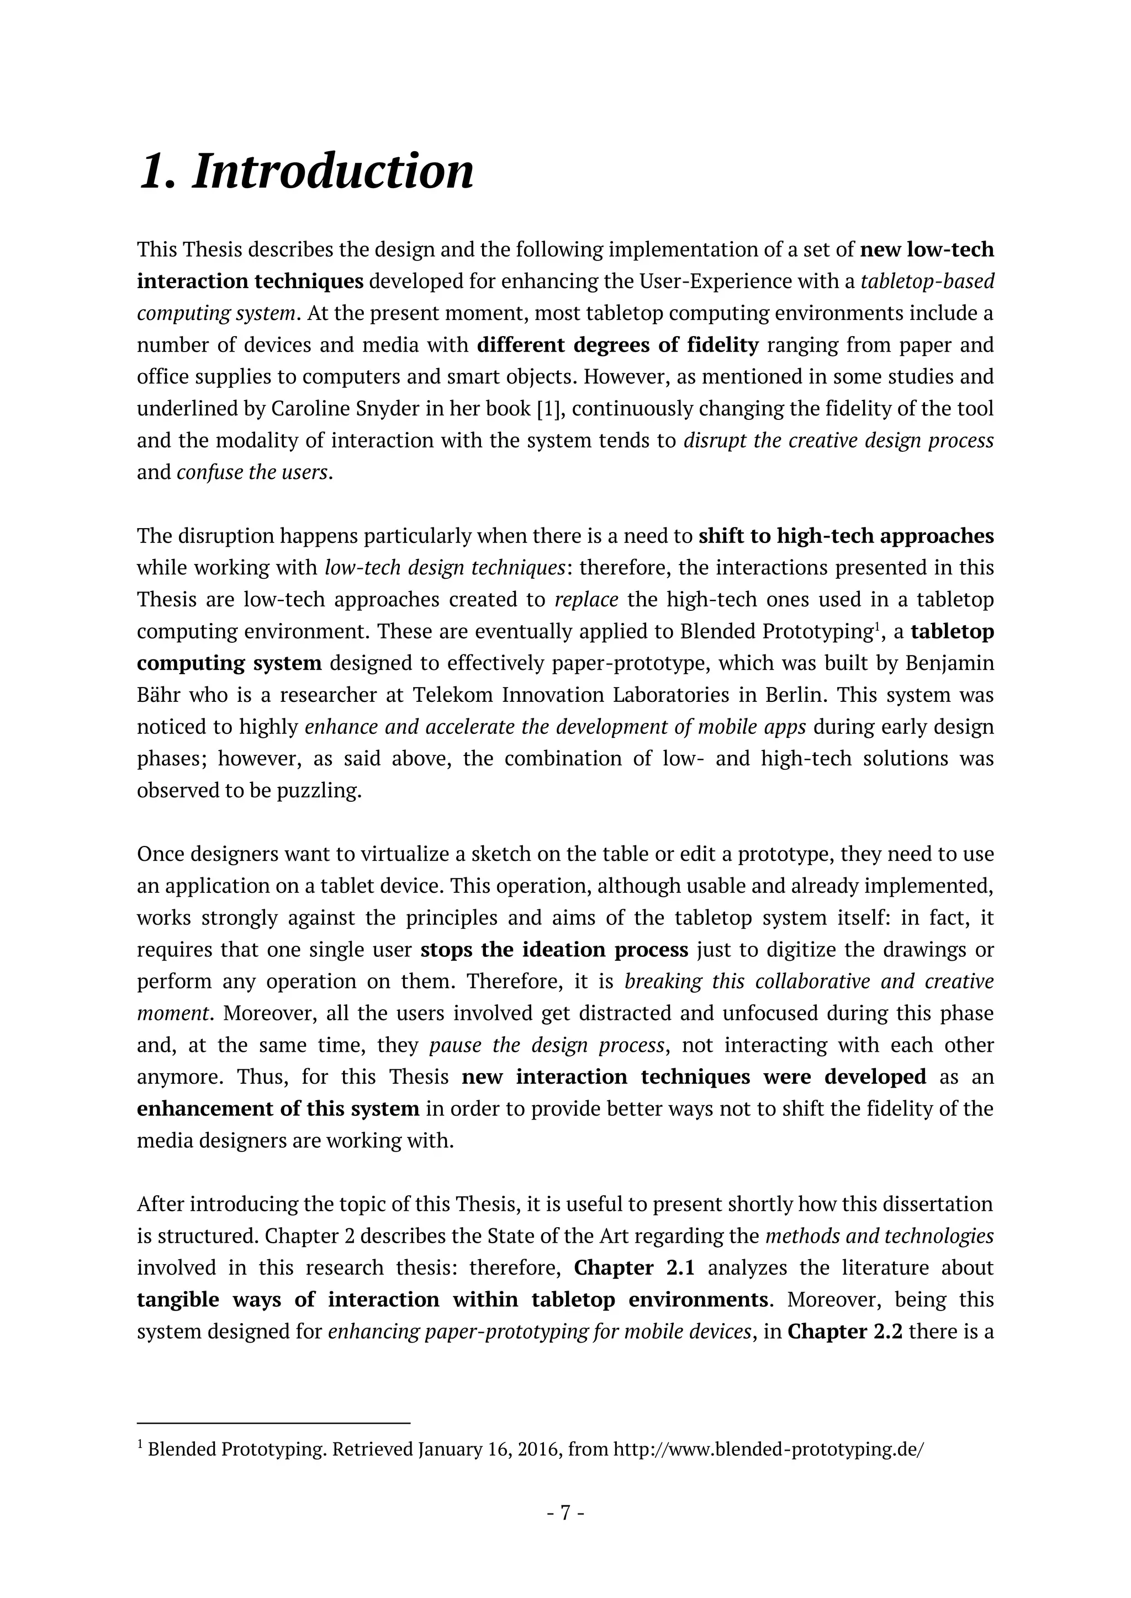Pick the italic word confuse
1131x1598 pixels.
203,472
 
